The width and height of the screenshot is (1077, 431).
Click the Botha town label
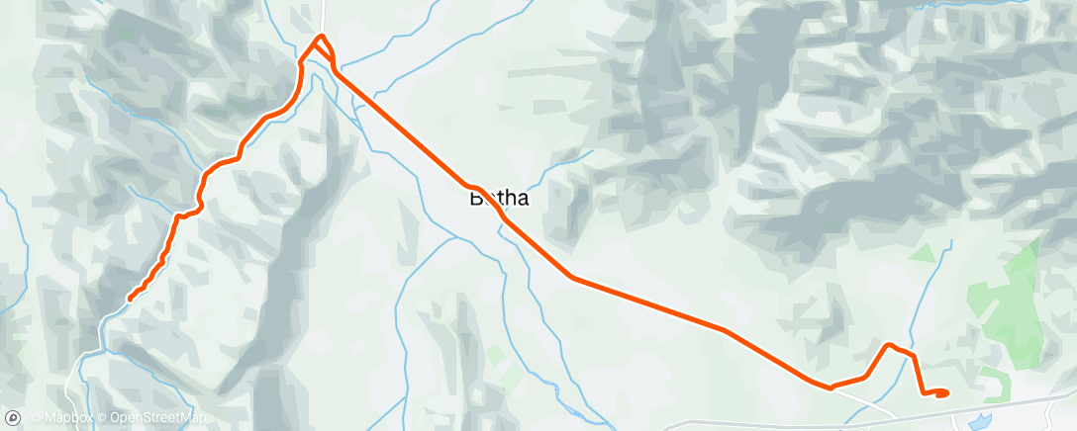(x=498, y=198)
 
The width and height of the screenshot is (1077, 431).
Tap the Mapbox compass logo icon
(x=13, y=419)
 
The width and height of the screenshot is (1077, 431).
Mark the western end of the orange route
(x=131, y=299)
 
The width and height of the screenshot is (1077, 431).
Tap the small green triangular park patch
(x=924, y=252)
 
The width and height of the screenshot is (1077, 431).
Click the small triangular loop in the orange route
(x=323, y=54)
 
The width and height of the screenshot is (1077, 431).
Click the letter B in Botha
(x=475, y=198)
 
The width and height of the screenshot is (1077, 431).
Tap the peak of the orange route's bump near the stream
(x=890, y=345)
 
